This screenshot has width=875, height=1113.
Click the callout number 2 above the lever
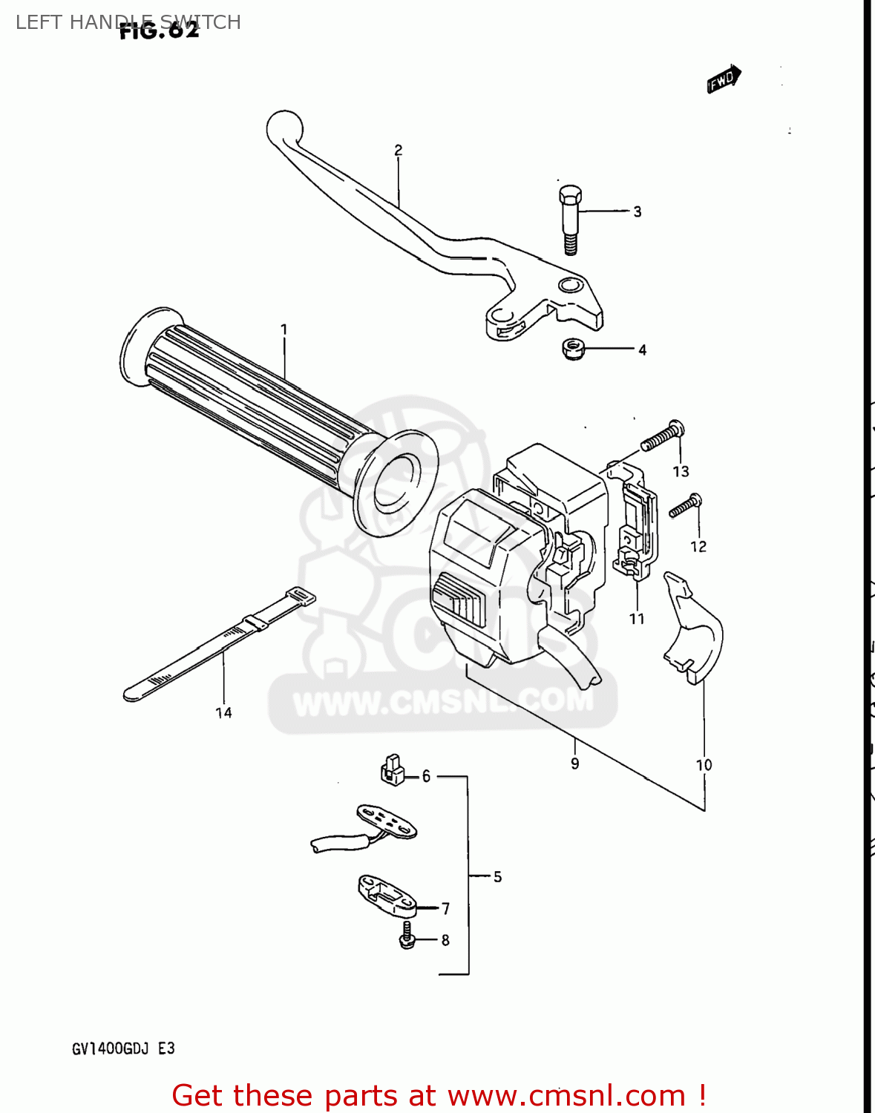coord(399,151)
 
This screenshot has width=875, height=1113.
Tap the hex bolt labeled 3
coord(569,219)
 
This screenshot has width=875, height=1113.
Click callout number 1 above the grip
coord(284,329)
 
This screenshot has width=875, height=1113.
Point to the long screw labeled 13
coord(663,437)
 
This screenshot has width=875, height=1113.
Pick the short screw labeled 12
coord(684,507)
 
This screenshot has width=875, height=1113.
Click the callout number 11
coord(637,618)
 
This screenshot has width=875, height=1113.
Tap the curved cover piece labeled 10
coord(693,630)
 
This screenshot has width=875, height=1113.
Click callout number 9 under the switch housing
coord(574,763)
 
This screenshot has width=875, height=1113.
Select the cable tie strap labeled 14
coord(215,646)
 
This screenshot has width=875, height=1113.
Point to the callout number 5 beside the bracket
coord(497,876)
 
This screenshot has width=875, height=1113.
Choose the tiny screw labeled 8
coord(406,936)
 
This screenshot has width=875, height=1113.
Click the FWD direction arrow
coord(724,79)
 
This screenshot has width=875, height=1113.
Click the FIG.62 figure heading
coord(159,30)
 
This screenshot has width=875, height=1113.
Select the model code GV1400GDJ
coord(111,1048)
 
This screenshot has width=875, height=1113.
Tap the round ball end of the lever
coord(284,128)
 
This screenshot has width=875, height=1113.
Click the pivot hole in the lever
coord(570,285)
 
